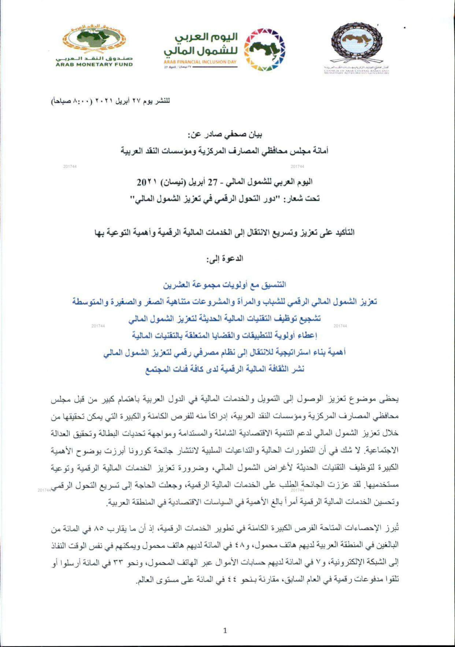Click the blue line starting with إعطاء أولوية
coord(225,336)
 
